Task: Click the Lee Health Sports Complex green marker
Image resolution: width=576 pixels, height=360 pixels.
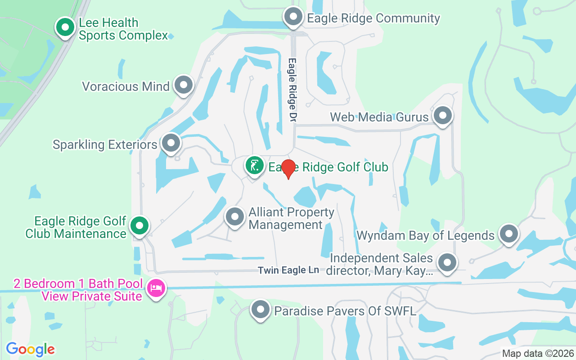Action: (x=65, y=27)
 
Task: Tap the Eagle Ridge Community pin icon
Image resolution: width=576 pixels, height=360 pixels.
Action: (x=293, y=17)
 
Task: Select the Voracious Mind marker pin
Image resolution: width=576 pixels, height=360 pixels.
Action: (x=183, y=85)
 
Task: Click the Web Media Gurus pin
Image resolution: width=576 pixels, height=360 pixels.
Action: (x=442, y=116)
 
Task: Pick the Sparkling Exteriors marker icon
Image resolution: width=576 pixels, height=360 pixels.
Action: (x=171, y=143)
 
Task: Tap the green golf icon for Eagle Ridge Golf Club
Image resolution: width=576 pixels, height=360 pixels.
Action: (x=254, y=166)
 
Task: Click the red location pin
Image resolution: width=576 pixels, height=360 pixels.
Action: (x=288, y=168)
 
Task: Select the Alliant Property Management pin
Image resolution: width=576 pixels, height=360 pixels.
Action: (x=234, y=216)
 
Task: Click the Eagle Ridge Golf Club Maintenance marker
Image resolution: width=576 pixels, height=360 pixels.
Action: (x=139, y=225)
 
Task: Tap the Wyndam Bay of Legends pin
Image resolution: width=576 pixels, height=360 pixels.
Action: (x=509, y=234)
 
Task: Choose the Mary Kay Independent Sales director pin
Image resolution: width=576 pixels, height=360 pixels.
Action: (x=447, y=262)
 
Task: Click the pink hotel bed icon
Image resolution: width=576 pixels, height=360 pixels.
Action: (x=156, y=288)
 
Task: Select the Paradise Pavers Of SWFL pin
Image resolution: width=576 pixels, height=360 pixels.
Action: (x=260, y=310)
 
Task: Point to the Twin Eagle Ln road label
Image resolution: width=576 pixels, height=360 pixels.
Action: (x=288, y=270)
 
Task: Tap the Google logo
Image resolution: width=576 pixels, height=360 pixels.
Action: (x=31, y=349)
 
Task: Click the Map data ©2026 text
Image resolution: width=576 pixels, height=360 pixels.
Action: (x=538, y=354)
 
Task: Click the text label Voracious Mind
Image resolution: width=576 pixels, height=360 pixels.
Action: (x=126, y=86)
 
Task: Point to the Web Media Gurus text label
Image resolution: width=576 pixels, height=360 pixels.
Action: (x=379, y=117)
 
